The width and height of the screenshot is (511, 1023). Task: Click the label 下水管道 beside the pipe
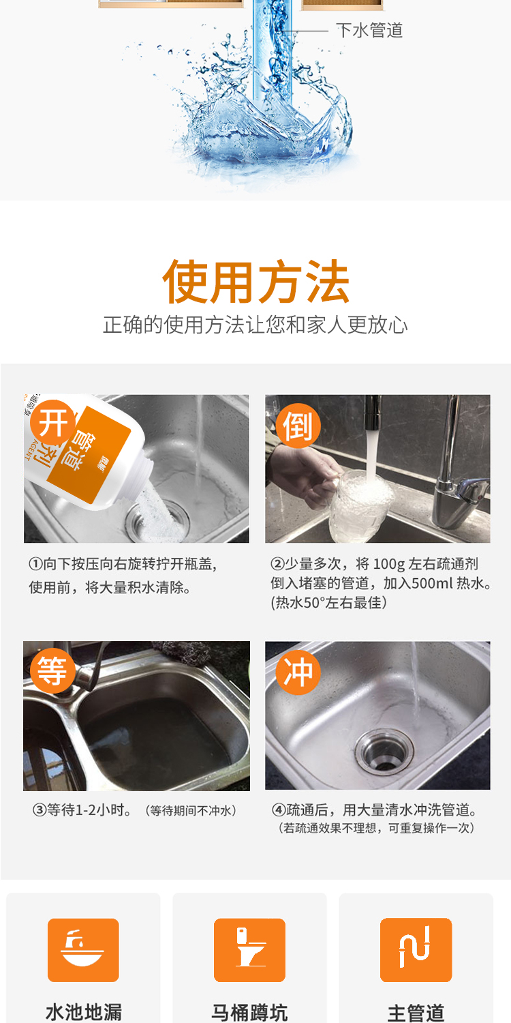tap(369, 30)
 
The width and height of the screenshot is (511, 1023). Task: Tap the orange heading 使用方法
tap(256, 281)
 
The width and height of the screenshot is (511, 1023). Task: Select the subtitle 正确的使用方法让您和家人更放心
tap(255, 325)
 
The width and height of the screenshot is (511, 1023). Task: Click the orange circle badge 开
tap(52, 422)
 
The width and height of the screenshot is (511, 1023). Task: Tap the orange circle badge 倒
tap(298, 426)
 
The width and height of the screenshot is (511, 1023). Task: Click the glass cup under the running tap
tap(360, 506)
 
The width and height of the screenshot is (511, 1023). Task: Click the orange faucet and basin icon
tap(83, 950)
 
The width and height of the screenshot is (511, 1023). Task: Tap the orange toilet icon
tap(249, 950)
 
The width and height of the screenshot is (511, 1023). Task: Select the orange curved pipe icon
tap(416, 950)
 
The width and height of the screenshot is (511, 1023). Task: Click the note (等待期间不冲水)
tap(191, 811)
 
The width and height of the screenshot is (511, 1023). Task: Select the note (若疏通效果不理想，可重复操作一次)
tap(376, 828)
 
